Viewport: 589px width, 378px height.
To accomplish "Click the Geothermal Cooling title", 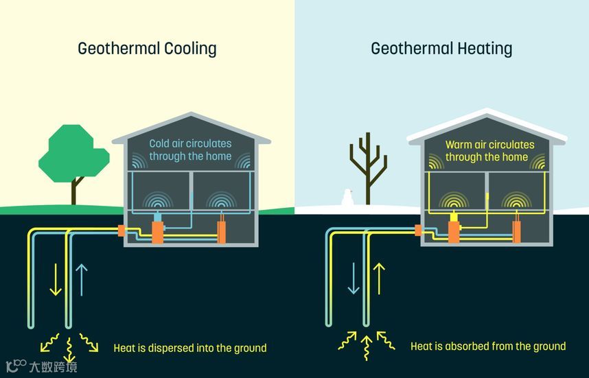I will click(147, 49).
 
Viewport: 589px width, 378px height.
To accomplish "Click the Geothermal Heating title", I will click(441, 49).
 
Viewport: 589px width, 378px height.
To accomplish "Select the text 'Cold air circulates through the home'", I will click(190, 150).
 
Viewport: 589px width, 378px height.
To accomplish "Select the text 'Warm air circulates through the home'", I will click(486, 150).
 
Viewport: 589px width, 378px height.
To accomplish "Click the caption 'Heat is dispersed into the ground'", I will click(189, 348).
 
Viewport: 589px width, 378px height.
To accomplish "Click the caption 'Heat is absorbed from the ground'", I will click(488, 346).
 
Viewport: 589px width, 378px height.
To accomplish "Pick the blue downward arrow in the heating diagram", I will click(353, 279).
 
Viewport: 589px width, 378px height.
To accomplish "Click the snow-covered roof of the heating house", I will click(486, 123).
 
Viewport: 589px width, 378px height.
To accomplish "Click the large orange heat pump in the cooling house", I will click(157, 228).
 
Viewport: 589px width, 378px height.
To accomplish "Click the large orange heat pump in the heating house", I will click(453, 228).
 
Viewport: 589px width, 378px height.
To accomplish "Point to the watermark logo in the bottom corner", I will click(41, 366).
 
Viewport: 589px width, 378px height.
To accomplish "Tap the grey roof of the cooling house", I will click(190, 123).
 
